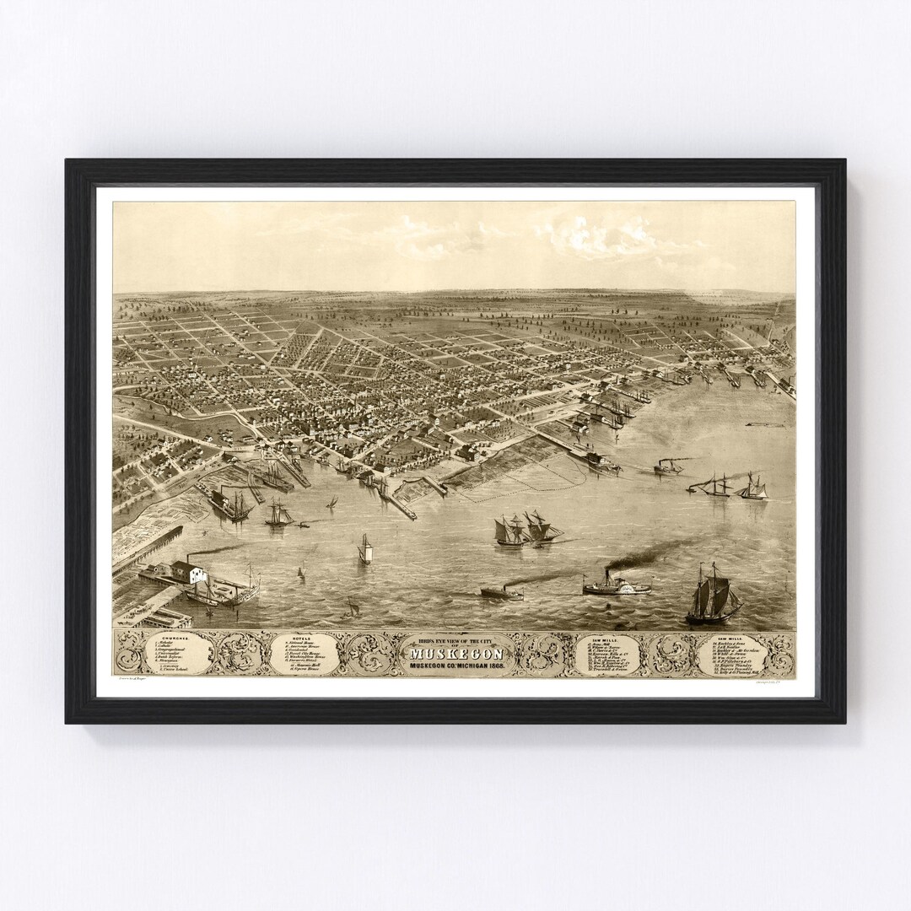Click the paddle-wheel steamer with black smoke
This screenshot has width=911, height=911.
coord(616,585)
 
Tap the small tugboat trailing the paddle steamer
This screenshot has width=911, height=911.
coord(501,592)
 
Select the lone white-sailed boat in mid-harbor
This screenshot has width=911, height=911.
coord(365,550)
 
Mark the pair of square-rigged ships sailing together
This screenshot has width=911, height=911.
coord(527,530)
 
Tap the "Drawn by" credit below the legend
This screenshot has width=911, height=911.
coord(139,678)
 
